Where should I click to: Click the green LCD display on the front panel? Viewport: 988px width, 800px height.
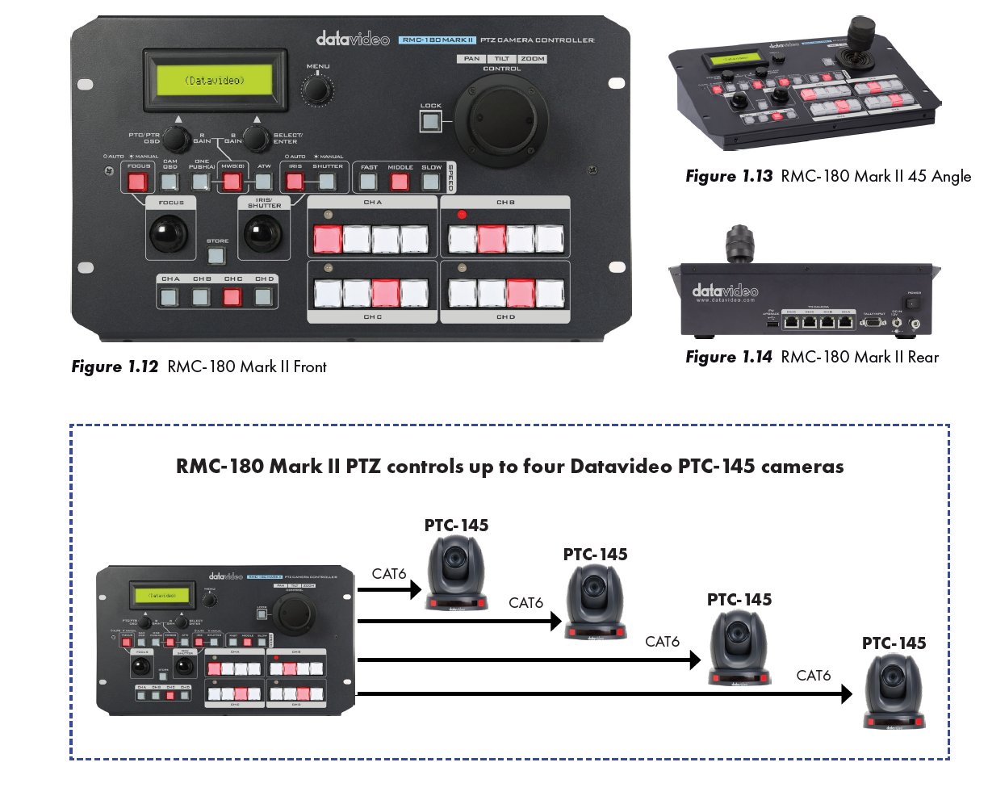pos(215,81)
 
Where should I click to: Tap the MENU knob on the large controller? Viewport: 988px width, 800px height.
pos(317,88)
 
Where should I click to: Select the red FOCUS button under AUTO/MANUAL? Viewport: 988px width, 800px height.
pos(139,180)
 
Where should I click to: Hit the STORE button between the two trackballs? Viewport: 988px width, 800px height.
pos(216,256)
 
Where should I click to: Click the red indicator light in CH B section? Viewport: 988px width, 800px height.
pos(462,215)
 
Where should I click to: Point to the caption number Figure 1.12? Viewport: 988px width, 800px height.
pos(115,367)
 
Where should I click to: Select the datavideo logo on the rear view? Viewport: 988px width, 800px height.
pos(724,291)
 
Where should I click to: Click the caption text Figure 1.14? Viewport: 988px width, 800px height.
pos(729,358)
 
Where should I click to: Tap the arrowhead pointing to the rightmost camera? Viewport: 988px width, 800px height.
pos(846,693)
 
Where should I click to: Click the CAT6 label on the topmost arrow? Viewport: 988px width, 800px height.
pos(389,574)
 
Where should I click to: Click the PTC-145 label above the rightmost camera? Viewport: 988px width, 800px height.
pos(894,643)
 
